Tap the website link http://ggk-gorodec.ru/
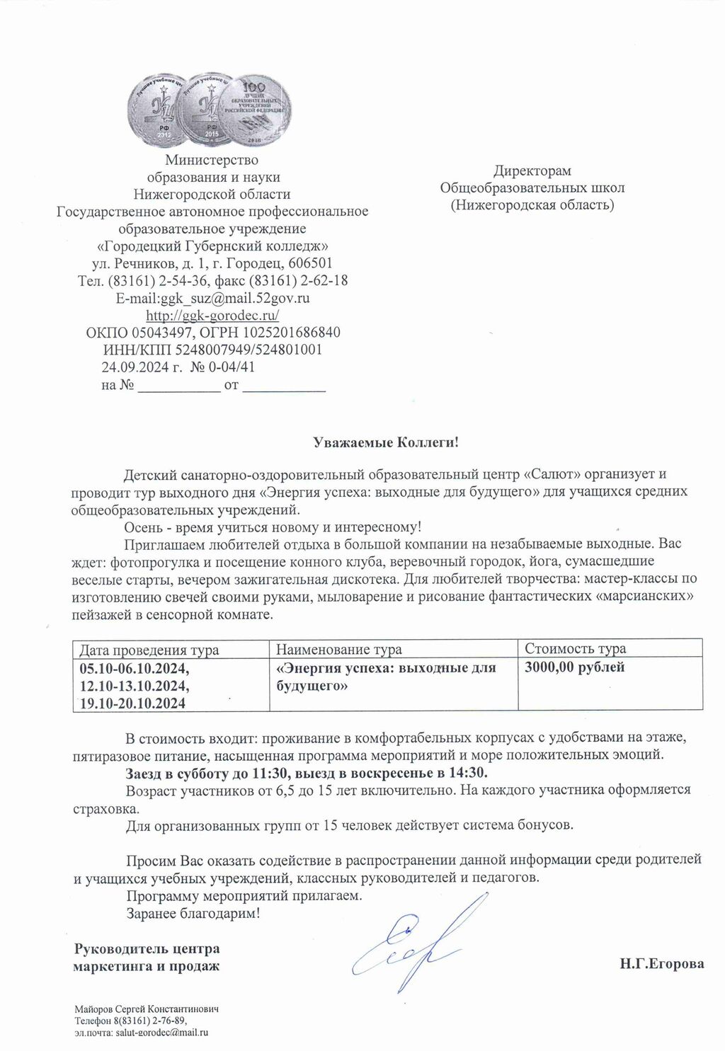point(212,315)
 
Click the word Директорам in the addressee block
point(532,171)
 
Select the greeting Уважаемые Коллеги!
point(386,443)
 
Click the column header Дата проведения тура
point(149,649)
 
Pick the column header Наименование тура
point(338,649)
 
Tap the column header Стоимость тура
point(575,648)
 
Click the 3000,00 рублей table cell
point(575,667)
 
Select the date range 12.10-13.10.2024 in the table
point(135,686)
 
